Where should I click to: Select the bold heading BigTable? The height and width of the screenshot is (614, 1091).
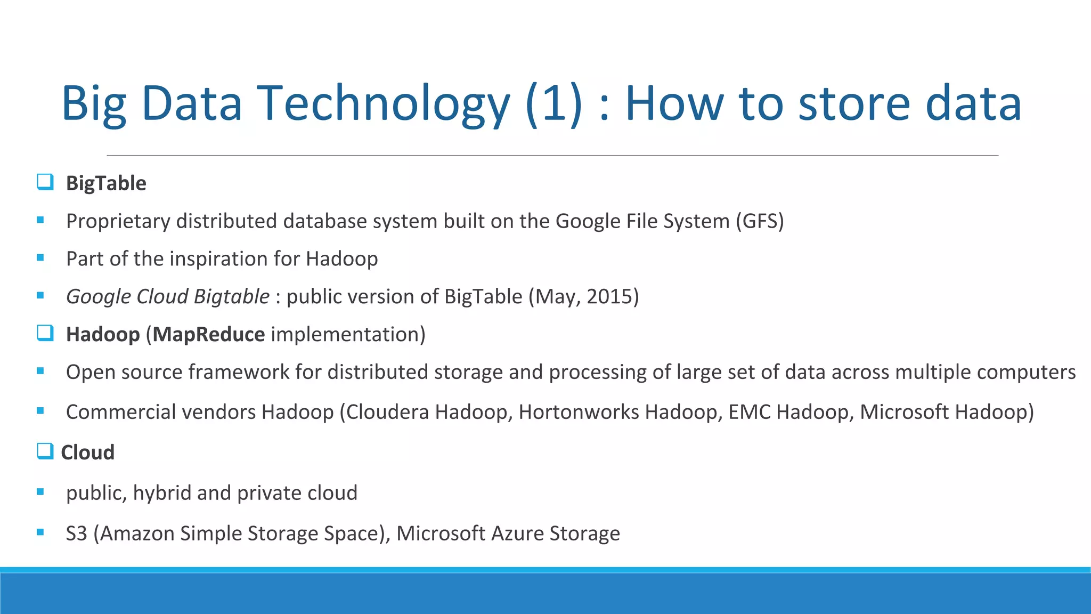(106, 183)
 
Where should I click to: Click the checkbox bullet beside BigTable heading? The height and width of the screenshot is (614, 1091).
(45, 182)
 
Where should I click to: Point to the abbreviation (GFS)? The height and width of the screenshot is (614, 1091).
(760, 221)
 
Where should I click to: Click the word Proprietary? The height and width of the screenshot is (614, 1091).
(118, 221)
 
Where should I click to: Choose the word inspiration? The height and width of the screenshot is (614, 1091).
(219, 259)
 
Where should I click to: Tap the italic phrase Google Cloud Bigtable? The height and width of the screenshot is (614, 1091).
(167, 297)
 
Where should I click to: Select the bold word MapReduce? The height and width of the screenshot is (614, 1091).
(209, 335)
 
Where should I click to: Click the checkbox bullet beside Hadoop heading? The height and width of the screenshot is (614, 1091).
(45, 334)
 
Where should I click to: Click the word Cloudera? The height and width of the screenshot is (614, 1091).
(387, 412)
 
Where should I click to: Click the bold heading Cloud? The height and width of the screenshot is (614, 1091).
(88, 453)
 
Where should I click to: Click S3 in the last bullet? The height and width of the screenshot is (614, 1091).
(76, 534)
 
